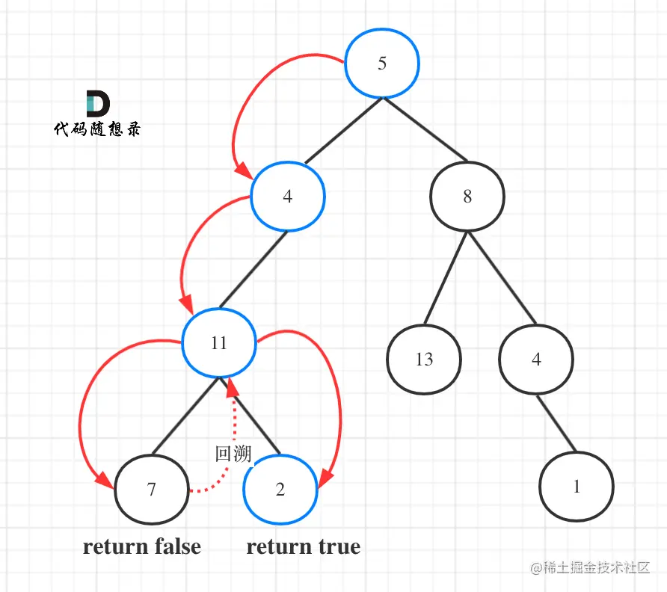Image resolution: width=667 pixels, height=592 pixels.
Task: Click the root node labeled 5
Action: pos(382,64)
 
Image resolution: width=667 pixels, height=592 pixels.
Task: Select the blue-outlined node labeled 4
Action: pos(288,197)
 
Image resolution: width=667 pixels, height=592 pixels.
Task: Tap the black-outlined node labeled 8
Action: pos(467,197)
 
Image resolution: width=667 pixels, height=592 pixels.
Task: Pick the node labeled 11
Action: pos(218,344)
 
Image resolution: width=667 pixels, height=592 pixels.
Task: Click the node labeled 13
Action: pos(424,360)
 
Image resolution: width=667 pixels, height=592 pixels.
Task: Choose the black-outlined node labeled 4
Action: pos(536,360)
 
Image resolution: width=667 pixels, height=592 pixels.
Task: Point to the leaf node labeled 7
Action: pos(152,490)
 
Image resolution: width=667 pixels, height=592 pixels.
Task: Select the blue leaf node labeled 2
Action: pos(280,490)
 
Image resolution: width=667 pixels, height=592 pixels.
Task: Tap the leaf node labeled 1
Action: pos(577,487)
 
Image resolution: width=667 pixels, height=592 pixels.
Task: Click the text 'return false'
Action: pos(142,546)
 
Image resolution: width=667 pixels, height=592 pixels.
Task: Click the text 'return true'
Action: pos(304,546)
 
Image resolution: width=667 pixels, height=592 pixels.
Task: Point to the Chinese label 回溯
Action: pos(233,454)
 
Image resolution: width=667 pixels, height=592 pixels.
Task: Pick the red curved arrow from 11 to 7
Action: pos(82,404)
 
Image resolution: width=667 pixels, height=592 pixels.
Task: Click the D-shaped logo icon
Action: pos(97,104)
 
